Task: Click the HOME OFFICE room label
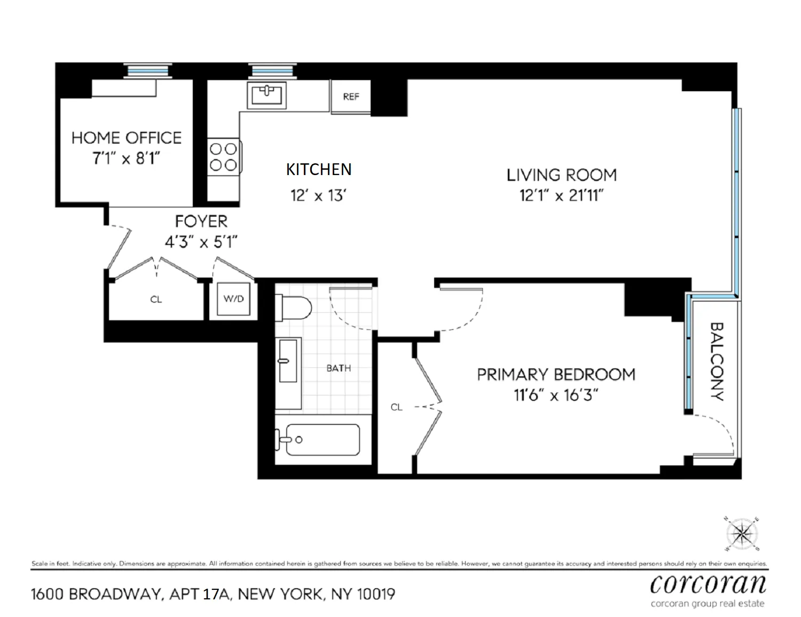[x=127, y=138]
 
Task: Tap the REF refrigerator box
[x=351, y=97]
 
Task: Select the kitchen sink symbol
[x=266, y=95]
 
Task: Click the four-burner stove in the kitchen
[x=223, y=157]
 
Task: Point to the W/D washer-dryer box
[x=233, y=299]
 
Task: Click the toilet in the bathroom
[x=293, y=308]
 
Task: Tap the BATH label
[x=339, y=368]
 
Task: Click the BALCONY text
[x=716, y=361]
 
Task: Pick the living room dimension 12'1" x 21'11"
[x=561, y=195]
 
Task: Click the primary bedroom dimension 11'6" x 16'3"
[x=555, y=395]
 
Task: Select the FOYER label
[x=201, y=221]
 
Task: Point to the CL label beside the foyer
[x=156, y=299]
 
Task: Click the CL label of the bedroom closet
[x=396, y=407]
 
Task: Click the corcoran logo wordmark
[x=708, y=584]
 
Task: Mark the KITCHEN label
[x=319, y=169]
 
